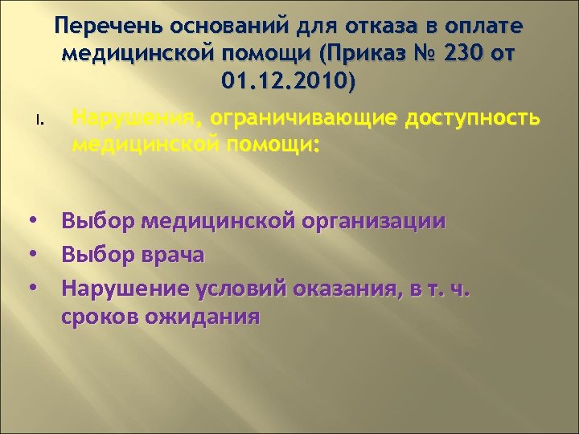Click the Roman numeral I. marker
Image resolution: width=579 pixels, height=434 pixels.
coord(39,122)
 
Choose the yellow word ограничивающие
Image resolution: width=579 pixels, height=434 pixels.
coord(302,119)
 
